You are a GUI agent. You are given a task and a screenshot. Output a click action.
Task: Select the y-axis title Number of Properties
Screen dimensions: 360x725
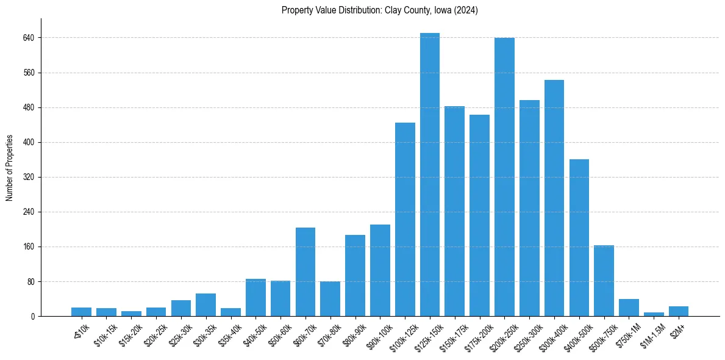10,168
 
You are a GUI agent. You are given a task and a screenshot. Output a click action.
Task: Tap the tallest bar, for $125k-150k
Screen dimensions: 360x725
429,175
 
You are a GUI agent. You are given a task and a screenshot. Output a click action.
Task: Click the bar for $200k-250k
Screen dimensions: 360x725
504,177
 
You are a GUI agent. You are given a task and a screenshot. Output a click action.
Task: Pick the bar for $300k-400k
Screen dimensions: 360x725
554,198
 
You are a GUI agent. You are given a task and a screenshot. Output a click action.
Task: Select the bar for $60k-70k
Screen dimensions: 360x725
305,272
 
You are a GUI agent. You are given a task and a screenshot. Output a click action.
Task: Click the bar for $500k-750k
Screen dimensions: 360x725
604,281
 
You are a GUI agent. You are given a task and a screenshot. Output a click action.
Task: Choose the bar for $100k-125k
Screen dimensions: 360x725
405,220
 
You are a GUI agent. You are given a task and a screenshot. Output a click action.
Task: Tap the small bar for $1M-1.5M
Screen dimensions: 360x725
654,314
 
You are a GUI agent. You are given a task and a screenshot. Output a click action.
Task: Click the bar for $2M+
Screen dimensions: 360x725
678,311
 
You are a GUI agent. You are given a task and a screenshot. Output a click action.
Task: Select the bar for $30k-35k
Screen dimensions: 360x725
205,305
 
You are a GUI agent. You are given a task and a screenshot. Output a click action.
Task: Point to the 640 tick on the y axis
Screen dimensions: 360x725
29,38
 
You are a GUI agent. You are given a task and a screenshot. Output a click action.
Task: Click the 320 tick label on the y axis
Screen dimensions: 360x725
29,178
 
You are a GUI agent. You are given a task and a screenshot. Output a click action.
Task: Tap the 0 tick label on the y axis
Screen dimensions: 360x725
32,317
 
